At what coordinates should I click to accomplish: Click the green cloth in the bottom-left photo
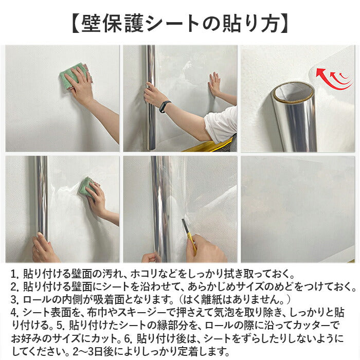pyautogui.click(x=87, y=187)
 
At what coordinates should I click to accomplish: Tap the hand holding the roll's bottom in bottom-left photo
pyautogui.click(x=44, y=248)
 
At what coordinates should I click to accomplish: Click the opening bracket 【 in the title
pyautogui.click(x=75, y=24)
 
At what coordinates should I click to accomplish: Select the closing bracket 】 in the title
pyautogui.click(x=284, y=24)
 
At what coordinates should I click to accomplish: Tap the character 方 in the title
pyautogui.click(x=271, y=24)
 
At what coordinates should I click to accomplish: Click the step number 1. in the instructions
pyautogui.click(x=15, y=274)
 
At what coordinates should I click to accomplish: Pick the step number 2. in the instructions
pyautogui.click(x=15, y=286)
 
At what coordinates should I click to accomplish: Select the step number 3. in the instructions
pyautogui.click(x=15, y=299)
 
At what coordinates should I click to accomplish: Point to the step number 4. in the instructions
pyautogui.click(x=15, y=312)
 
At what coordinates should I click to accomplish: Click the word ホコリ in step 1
pyautogui.click(x=146, y=274)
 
